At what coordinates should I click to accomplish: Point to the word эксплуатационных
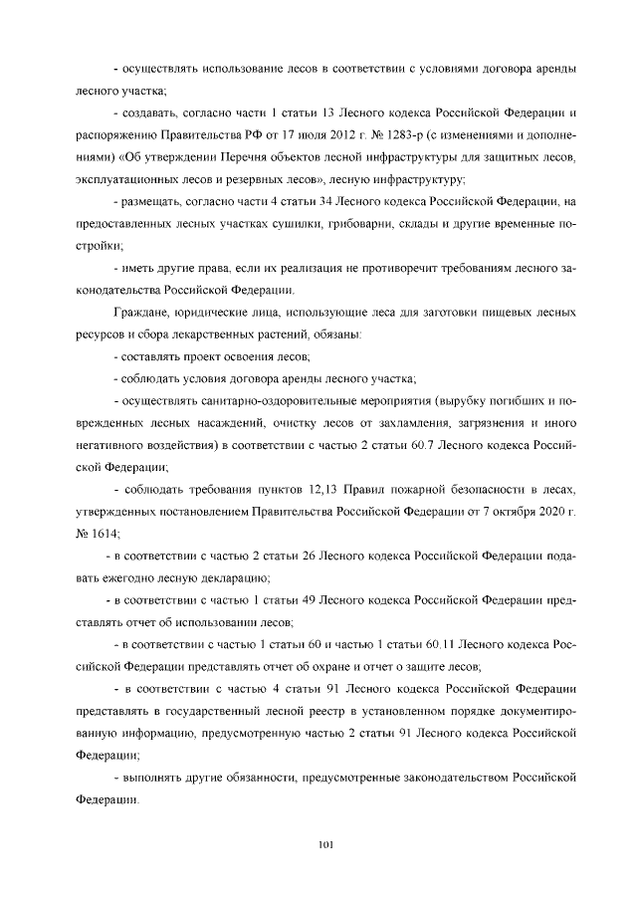point(125,178)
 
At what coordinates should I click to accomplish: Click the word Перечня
point(247,156)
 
